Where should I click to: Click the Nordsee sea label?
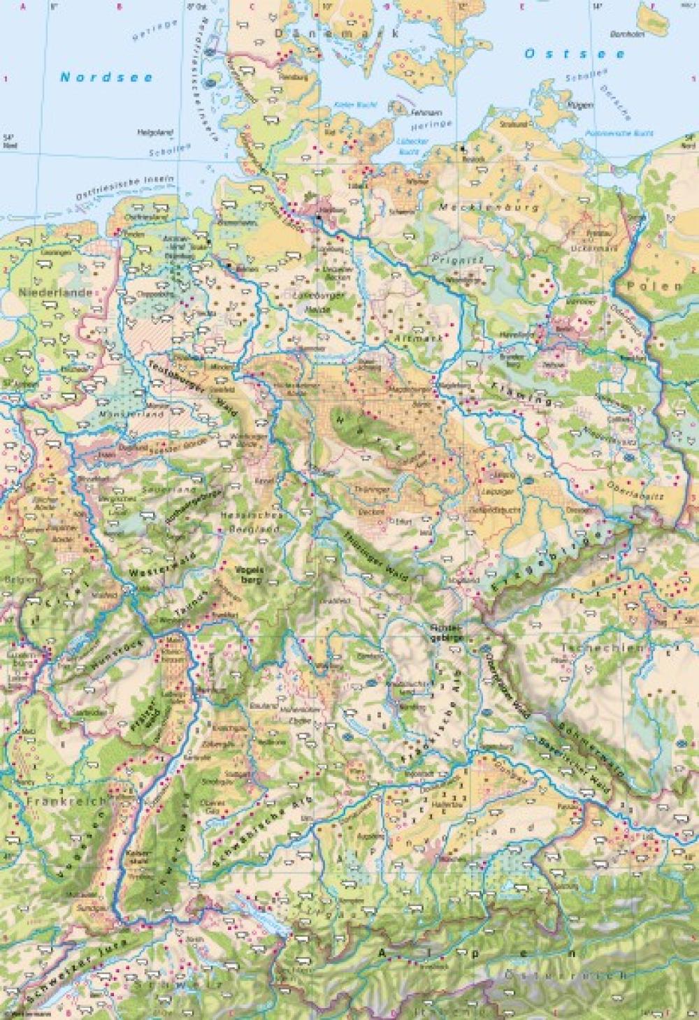click(106, 78)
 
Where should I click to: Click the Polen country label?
click(654, 286)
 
